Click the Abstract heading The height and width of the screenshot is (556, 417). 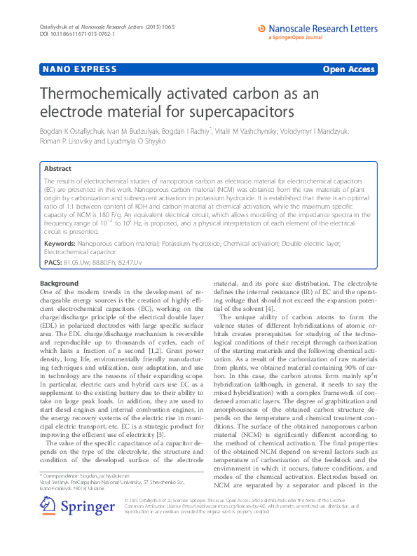57,169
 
